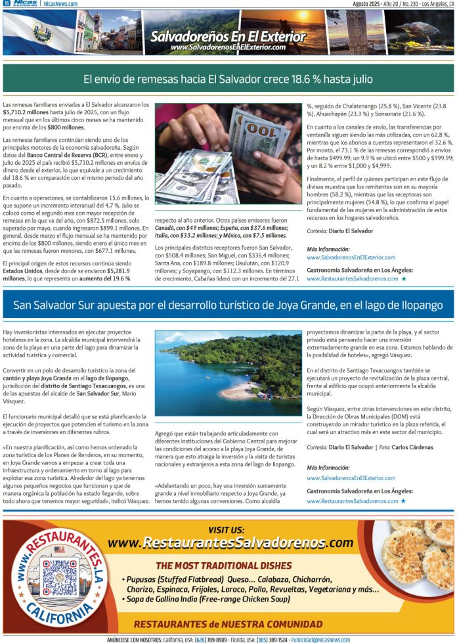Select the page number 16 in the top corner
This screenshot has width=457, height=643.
point(6,4)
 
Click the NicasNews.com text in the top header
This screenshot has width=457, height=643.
point(61,4)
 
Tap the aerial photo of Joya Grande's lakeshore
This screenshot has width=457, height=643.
point(228,374)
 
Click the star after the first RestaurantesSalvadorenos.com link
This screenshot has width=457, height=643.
point(403,278)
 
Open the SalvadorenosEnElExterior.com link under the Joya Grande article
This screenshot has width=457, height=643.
point(351,478)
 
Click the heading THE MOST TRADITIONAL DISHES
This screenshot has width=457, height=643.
point(224,565)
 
